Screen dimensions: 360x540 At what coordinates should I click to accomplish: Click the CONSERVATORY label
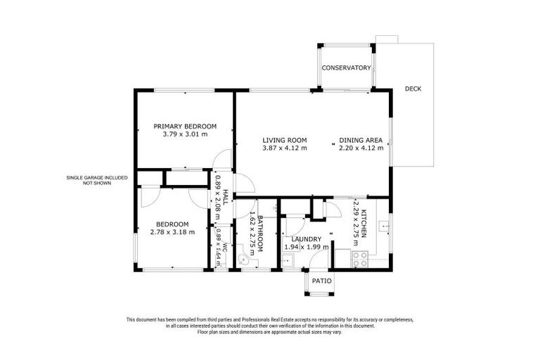pos(346,68)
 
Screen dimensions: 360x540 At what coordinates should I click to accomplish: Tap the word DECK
pos(413,89)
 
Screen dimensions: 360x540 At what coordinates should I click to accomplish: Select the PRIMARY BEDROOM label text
pos(185,127)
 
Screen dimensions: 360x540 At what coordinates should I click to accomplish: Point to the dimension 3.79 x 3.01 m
pos(185,134)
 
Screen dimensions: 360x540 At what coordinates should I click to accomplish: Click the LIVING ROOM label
pos(285,140)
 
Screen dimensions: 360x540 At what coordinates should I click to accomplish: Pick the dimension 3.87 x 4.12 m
pos(285,148)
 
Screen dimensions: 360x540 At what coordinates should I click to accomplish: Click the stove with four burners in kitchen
pos(359,259)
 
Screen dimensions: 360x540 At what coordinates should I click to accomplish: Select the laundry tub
pos(288,261)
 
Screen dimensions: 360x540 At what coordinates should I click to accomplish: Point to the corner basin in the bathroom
pos(244,259)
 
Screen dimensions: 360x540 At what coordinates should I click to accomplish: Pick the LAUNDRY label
pos(306,239)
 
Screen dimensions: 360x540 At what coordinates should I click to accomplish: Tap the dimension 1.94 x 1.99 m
pos(306,247)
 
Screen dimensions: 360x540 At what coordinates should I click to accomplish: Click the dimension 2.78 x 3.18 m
pos(172,232)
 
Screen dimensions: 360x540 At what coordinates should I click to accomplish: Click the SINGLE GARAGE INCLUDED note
pos(97,178)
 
